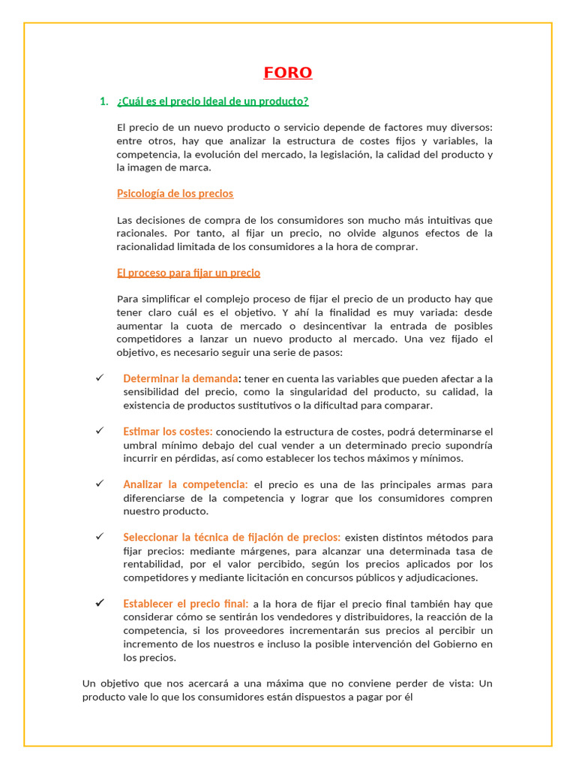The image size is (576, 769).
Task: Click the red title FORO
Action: (288, 73)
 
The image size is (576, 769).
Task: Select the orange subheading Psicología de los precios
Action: (175, 194)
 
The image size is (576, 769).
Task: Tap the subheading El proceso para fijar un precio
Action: (188, 273)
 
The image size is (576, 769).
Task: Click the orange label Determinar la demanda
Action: (181, 378)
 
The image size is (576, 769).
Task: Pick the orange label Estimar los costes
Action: (167, 432)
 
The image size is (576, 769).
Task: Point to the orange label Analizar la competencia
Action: (185, 484)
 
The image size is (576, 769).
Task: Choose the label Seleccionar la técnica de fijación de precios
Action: (231, 537)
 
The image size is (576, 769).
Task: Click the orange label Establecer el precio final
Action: (185, 604)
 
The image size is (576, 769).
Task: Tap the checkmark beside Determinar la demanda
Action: (99, 378)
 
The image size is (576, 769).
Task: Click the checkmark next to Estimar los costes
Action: (99, 431)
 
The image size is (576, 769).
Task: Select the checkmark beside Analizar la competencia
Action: (99, 484)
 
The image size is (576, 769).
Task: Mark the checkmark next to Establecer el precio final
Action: (99, 603)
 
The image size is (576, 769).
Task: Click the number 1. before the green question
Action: (104, 101)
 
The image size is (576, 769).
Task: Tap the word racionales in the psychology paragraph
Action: (142, 234)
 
